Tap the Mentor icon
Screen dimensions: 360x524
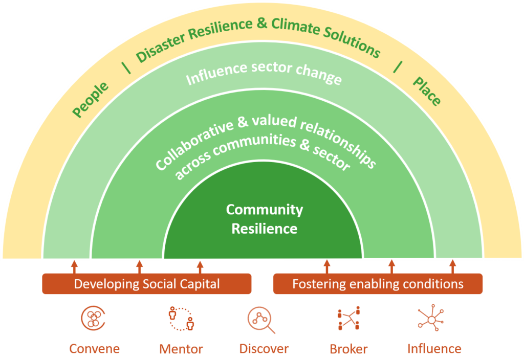click(x=181, y=319)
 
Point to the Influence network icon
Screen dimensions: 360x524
click(x=431, y=319)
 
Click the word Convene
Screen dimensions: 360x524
click(x=95, y=349)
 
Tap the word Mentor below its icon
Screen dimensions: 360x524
click(x=181, y=349)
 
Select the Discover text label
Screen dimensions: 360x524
click(x=264, y=349)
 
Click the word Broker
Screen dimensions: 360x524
click(x=348, y=349)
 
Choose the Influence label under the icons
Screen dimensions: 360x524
click(x=434, y=349)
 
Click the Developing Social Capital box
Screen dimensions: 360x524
click(x=147, y=284)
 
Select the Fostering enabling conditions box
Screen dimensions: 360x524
click(x=378, y=284)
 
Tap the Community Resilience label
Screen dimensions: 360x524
click(x=264, y=219)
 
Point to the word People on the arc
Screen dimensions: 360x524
click(x=91, y=100)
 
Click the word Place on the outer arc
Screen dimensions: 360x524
click(x=427, y=92)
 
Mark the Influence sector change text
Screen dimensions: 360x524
click(x=264, y=74)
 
